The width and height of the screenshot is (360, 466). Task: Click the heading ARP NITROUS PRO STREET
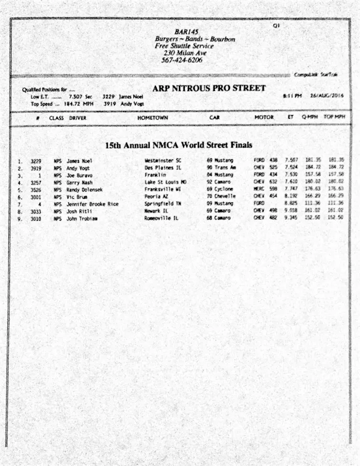pos(208,88)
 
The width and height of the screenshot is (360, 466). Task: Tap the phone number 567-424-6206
pos(182,60)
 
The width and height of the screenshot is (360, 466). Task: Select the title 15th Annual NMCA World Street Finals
pos(178,145)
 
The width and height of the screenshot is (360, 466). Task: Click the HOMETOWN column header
pos(152,118)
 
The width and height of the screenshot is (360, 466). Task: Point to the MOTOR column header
pos(264,118)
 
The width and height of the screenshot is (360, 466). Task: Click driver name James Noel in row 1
pos(80,161)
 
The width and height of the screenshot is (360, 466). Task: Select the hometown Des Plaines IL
pos(163,168)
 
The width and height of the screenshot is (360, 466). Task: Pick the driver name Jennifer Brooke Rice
pos(93,204)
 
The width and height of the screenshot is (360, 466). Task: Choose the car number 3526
pos(36,189)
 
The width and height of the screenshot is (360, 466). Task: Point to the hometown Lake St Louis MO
pos(166,182)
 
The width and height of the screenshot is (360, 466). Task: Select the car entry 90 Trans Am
pos(222,168)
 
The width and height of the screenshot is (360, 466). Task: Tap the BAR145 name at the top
pos(186,32)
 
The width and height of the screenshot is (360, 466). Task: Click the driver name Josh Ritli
pos(79,211)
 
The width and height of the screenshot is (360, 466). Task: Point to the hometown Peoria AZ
pos(156,197)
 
